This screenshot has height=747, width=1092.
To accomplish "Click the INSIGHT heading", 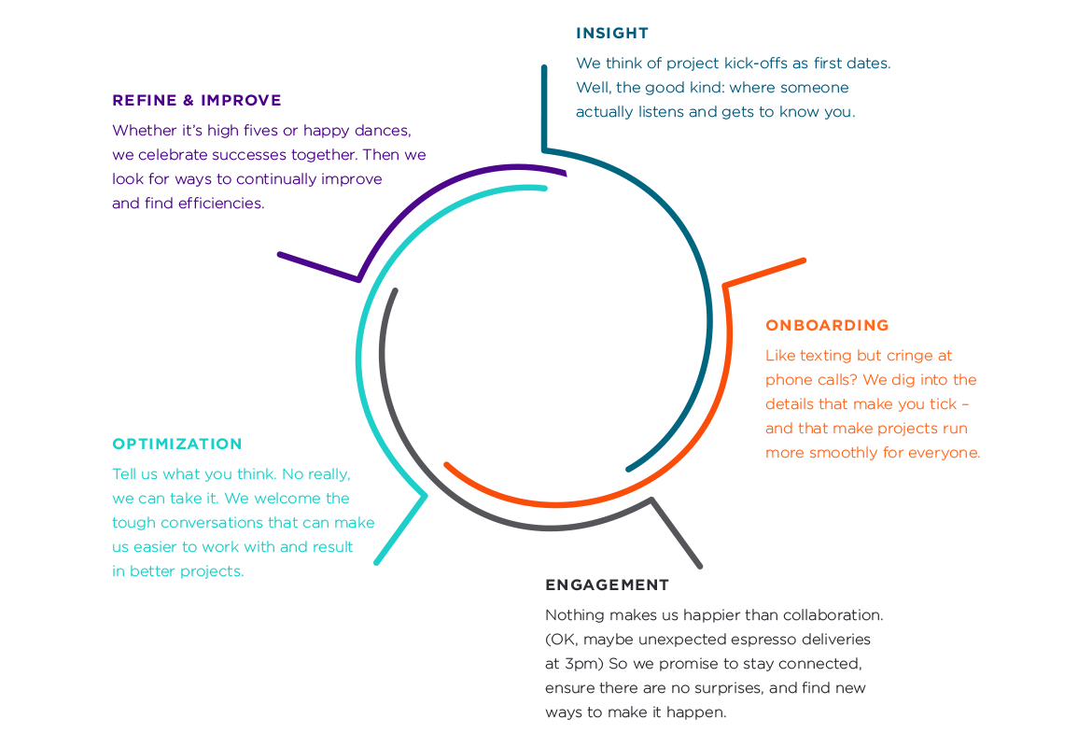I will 611,34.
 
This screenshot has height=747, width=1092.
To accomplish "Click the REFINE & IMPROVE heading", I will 196,100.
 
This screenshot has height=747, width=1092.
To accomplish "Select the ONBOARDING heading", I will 827,325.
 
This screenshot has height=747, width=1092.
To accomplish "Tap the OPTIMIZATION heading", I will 176,444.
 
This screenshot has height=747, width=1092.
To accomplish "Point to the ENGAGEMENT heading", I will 607,585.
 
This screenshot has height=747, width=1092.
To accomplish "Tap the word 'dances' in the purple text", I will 383,130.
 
